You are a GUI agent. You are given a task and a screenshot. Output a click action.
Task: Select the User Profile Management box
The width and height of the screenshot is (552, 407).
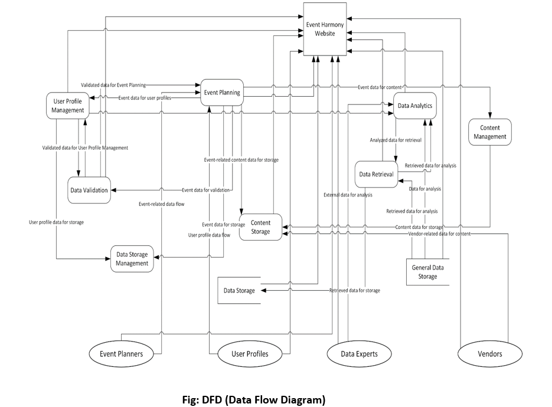[68, 106]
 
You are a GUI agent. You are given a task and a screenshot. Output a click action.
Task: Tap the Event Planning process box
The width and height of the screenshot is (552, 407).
[221, 93]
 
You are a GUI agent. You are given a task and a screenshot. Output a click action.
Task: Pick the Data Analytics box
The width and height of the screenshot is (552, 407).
[414, 106]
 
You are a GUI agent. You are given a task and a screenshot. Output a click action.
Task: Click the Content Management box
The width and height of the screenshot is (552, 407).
[489, 132]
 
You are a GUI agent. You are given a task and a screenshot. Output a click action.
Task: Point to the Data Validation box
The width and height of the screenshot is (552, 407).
[89, 190]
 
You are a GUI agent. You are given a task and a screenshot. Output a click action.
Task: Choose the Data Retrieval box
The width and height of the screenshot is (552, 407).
[376, 174]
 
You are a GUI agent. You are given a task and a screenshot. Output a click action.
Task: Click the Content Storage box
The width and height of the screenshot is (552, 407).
[260, 227]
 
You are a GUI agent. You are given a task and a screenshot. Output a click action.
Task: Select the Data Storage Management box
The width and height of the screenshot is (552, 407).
[132, 259]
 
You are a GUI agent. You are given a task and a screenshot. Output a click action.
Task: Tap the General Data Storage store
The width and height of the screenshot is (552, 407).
[428, 272]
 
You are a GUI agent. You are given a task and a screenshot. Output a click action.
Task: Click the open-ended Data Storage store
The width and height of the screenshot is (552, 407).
[239, 290]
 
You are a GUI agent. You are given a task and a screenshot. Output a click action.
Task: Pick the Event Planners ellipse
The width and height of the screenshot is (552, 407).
[124, 354]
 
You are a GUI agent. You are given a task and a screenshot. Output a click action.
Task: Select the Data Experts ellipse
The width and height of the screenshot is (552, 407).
[360, 354]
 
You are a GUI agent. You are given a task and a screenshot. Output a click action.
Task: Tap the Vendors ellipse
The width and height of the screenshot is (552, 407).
[490, 354]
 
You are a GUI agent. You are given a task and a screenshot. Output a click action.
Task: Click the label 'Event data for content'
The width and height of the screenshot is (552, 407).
[380, 87]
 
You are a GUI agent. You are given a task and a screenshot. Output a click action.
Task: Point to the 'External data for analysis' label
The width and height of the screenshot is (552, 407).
[348, 195]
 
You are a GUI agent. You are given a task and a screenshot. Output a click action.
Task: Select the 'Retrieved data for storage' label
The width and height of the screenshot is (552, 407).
[354, 290]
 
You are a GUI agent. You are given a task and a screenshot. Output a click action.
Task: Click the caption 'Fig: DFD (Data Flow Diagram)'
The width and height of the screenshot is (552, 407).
[254, 400]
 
